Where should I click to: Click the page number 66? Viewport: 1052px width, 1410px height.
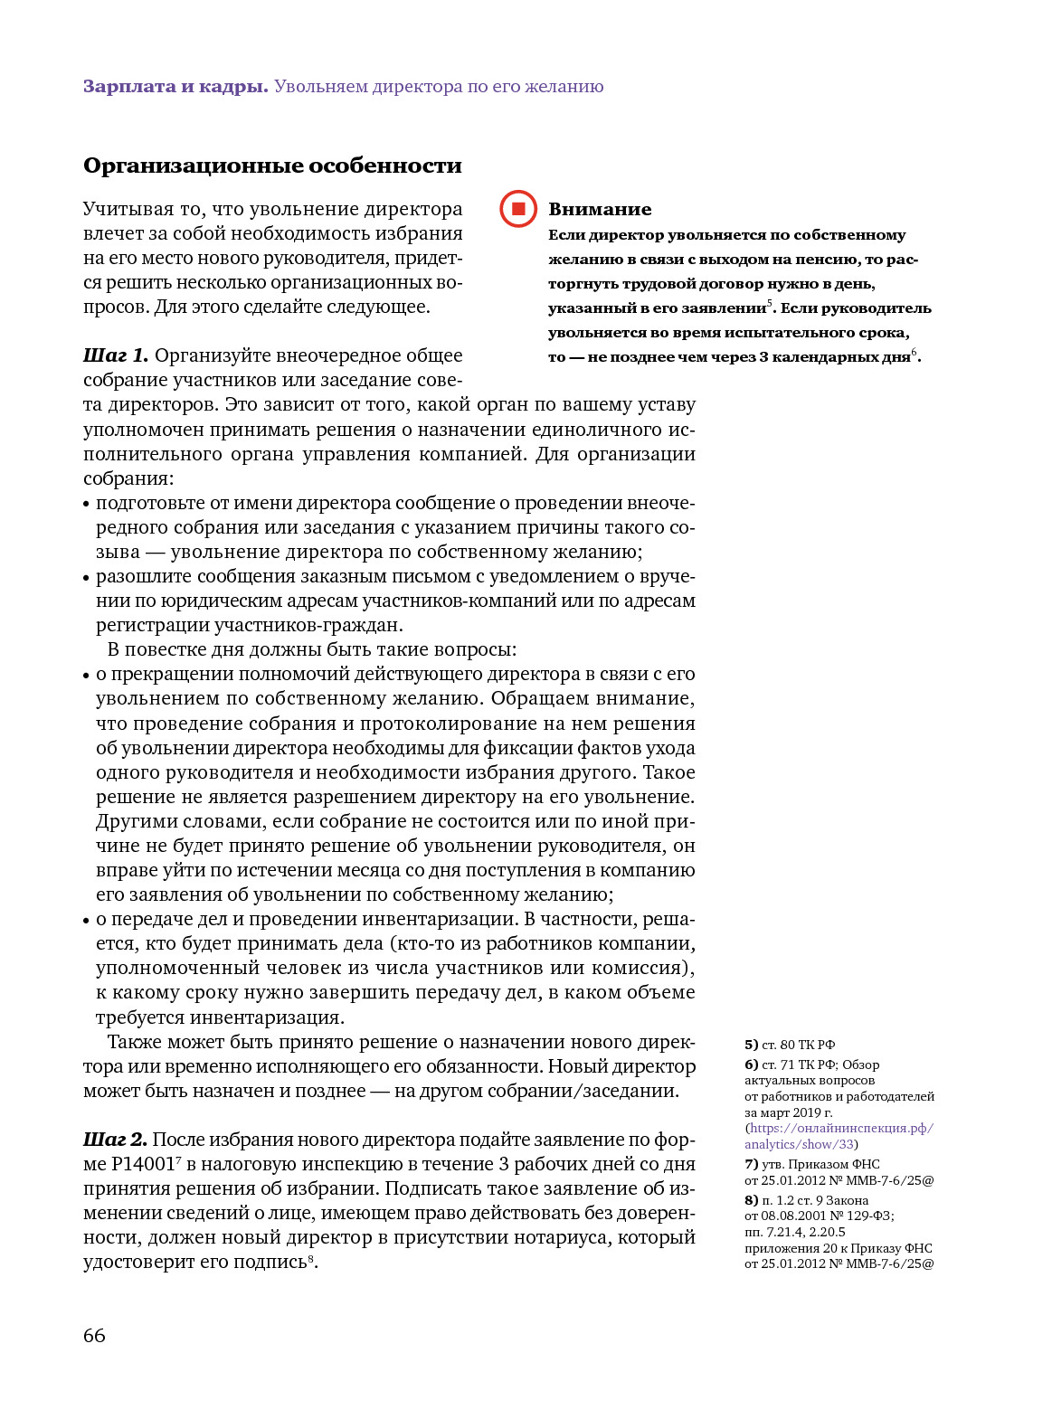(94, 1336)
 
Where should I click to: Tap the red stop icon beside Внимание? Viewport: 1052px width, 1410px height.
(518, 209)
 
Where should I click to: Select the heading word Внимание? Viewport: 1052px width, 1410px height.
(600, 209)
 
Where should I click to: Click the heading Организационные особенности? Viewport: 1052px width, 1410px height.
(272, 166)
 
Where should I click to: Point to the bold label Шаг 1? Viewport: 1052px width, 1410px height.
(115, 355)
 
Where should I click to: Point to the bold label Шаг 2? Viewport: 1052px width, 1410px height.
(115, 1140)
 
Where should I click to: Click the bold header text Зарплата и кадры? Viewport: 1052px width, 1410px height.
(175, 87)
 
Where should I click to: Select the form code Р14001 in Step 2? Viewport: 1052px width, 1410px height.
(143, 1165)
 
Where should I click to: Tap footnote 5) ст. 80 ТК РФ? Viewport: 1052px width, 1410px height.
(790, 1045)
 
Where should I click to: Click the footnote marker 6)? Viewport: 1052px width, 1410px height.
(751, 1065)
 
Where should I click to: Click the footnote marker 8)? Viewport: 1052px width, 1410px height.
(751, 1200)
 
